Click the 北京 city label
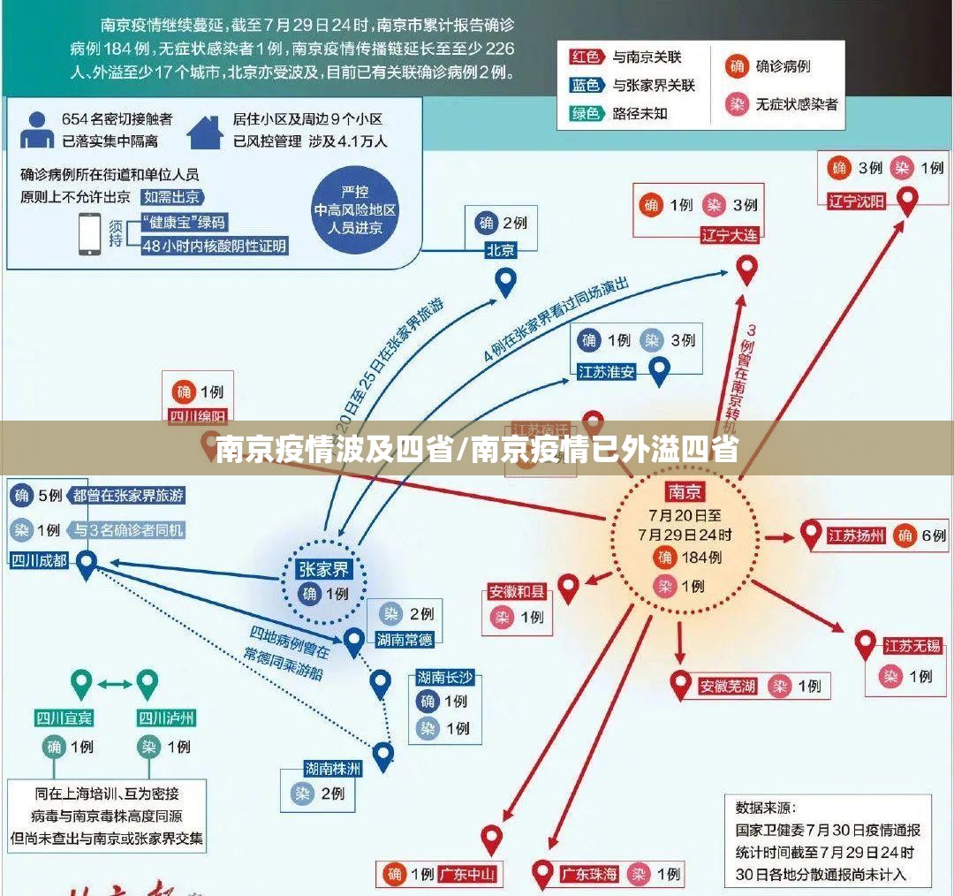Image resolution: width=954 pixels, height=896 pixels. point(500,250)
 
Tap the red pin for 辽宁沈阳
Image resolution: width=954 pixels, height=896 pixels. point(906,201)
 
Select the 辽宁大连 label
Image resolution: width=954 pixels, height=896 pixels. point(729,235)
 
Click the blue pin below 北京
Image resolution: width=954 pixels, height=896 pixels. point(504,282)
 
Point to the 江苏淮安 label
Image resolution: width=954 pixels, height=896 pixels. point(606,372)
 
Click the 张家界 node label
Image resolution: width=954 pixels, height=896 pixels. point(323,570)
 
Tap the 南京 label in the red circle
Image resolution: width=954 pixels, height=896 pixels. point(685,490)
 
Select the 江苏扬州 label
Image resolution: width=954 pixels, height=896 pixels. point(855,535)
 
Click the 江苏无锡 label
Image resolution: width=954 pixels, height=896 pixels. point(912,646)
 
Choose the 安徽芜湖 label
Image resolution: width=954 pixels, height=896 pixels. point(727,686)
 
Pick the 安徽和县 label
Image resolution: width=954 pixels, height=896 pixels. point(517,591)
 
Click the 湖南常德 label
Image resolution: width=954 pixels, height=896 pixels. point(405,639)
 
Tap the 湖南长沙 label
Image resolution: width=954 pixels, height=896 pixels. point(445,678)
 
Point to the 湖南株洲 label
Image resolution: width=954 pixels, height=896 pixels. point(333,768)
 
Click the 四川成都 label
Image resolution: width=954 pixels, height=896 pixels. point(39,559)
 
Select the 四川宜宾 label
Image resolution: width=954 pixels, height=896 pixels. point(64,717)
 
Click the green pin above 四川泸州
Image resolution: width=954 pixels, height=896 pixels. point(147,682)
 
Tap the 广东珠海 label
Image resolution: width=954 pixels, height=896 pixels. point(589,875)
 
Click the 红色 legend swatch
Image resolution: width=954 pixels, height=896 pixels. point(586,57)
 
